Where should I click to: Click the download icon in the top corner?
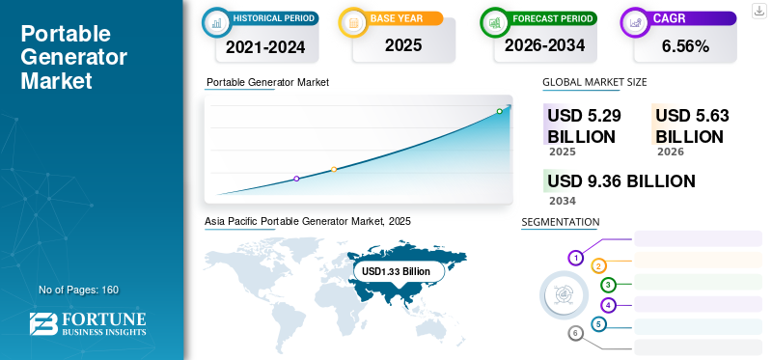point(759,11)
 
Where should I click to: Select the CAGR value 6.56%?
point(685,46)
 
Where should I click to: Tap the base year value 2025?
point(403,45)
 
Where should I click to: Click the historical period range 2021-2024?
point(265,47)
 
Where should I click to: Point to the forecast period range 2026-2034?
point(544,45)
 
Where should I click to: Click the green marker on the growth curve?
point(499,111)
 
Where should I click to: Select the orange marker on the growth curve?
point(334,170)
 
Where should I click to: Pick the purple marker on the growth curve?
point(296,179)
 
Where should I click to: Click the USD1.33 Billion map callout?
point(396,271)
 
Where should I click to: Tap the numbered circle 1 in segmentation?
point(575,258)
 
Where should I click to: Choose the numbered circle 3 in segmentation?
point(609,285)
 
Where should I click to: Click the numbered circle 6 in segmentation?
point(575,333)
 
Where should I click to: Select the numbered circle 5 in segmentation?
point(598,324)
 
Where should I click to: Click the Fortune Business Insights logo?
point(88,323)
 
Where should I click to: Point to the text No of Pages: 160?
point(79,290)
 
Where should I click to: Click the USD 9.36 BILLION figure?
point(621,181)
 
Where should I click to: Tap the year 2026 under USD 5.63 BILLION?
point(671,152)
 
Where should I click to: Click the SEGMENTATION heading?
point(561,222)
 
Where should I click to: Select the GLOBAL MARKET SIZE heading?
point(594,82)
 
